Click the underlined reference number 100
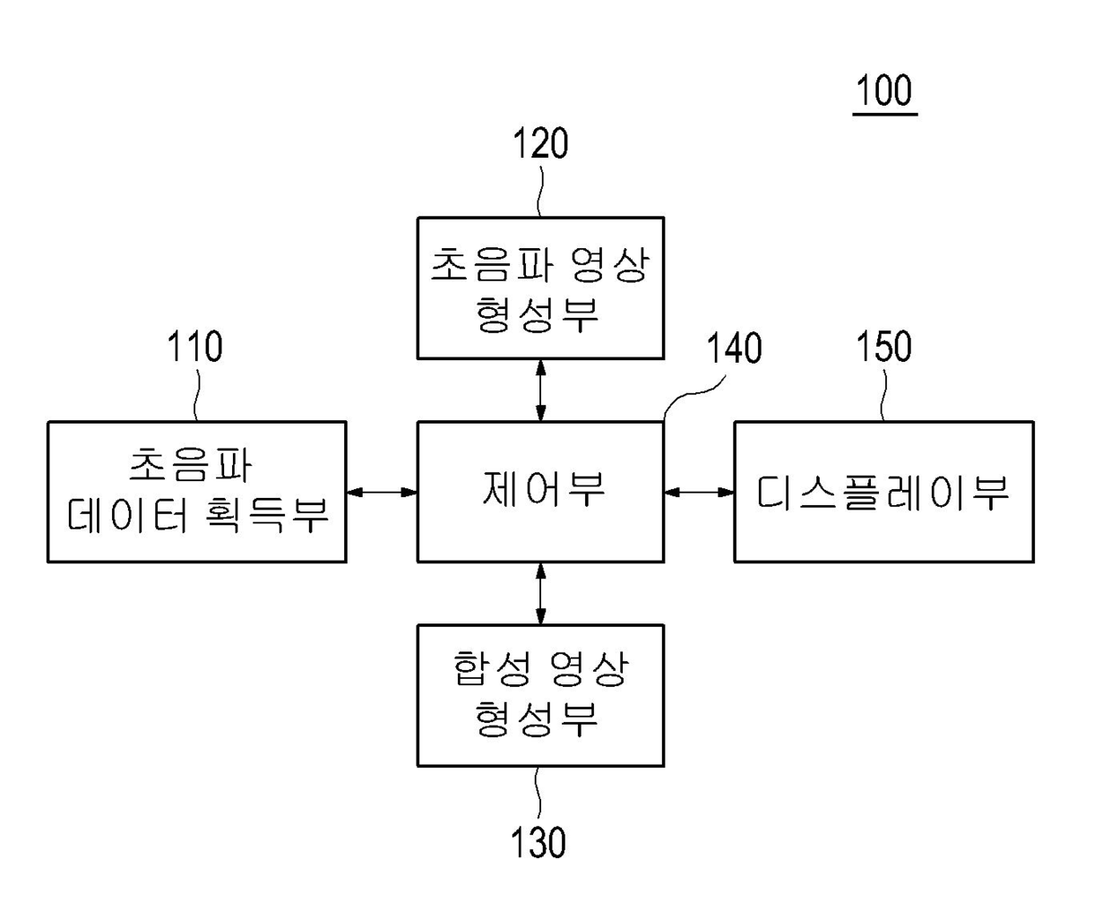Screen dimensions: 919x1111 tap(884, 91)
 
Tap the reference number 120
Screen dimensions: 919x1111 tap(540, 143)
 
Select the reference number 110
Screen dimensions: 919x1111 tap(195, 347)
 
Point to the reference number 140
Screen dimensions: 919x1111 tap(734, 348)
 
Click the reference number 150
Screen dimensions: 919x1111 tap(883, 347)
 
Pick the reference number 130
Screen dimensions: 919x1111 tap(538, 842)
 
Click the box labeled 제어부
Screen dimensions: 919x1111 tap(540, 492)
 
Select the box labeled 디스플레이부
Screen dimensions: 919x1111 tap(883, 492)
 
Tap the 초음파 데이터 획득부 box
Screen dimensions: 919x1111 tap(196, 492)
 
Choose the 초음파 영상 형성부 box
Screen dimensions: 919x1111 tap(540, 288)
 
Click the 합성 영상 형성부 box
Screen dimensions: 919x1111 tap(540, 695)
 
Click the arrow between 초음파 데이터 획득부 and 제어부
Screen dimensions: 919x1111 tap(382, 492)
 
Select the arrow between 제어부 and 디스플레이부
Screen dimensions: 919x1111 tap(699, 492)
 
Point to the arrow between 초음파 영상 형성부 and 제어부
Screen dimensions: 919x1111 tap(540, 390)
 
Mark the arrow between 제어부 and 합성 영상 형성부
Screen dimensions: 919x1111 tap(540, 593)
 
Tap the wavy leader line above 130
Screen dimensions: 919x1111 tap(538, 793)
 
